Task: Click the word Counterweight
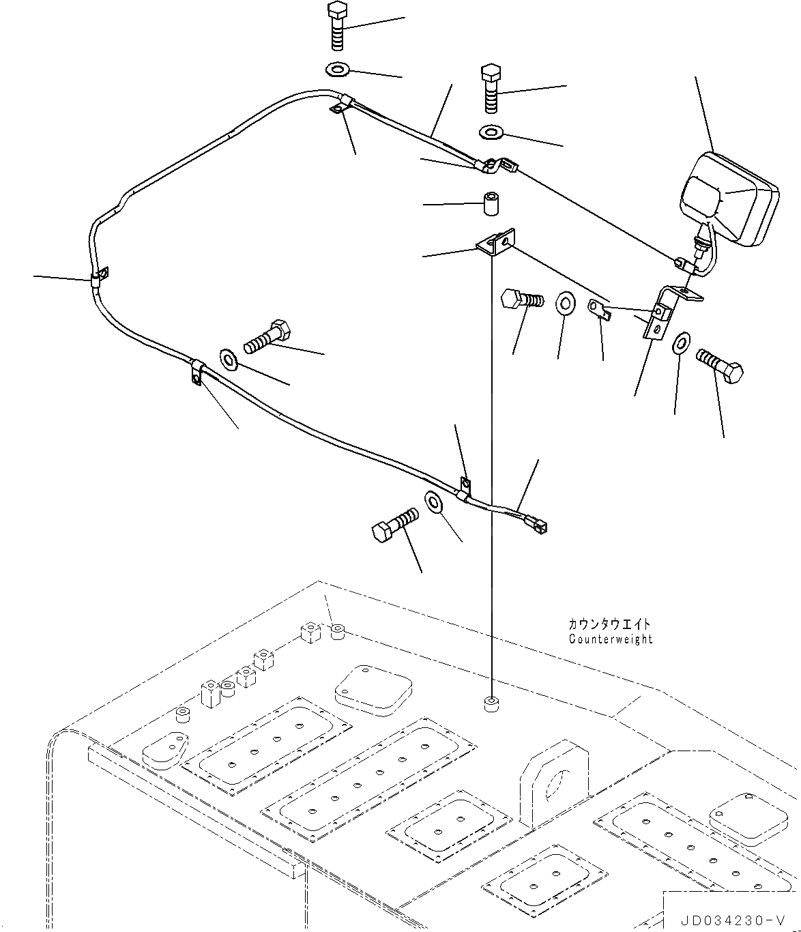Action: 610,639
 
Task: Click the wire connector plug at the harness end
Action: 538,526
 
